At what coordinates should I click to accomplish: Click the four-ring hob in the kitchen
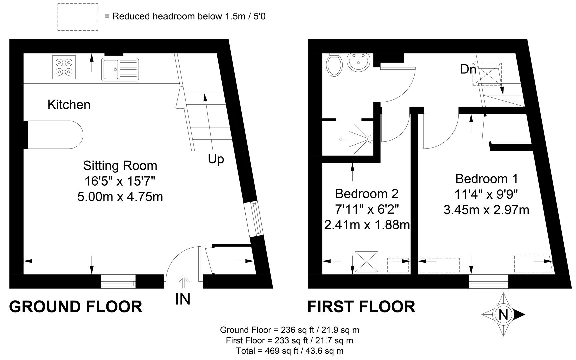click(64, 67)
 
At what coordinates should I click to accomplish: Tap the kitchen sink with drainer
click(120, 69)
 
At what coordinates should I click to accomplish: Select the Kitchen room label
click(69, 105)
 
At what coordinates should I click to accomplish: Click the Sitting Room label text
click(120, 166)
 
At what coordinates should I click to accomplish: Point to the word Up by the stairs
click(216, 159)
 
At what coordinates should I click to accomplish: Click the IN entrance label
click(183, 299)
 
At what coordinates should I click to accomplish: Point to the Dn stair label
click(468, 69)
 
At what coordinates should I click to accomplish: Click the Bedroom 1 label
click(487, 179)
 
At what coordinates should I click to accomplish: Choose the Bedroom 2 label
click(367, 193)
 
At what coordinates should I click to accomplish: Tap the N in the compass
click(503, 315)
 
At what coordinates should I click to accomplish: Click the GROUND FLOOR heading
click(76, 307)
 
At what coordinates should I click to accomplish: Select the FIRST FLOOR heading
click(361, 307)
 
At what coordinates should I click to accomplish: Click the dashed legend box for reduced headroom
click(78, 17)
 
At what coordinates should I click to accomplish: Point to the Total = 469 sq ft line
click(290, 351)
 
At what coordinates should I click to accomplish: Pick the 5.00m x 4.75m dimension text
click(120, 197)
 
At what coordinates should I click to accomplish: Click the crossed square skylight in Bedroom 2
click(367, 262)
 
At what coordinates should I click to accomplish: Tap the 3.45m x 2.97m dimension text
click(487, 210)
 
